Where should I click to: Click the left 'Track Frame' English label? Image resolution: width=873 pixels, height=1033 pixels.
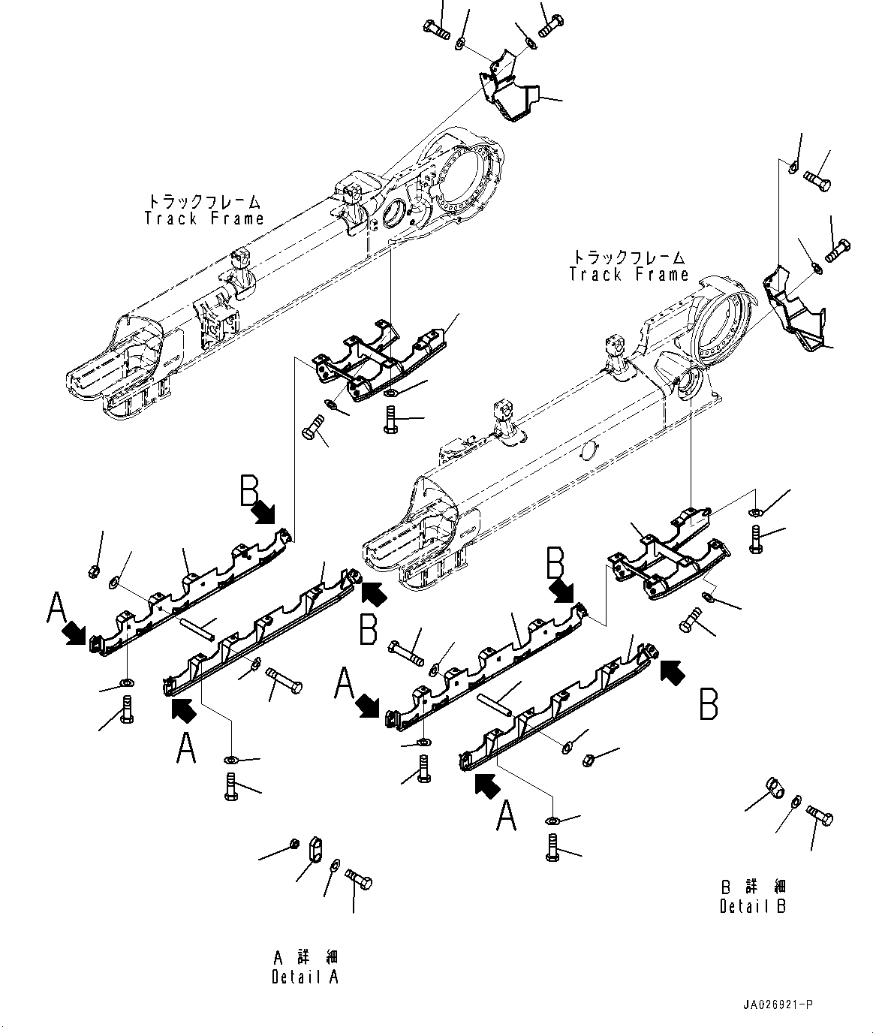[x=204, y=218]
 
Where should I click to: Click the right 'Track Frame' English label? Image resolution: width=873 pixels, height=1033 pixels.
[x=628, y=274]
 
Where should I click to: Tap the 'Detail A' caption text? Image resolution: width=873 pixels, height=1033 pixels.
[x=305, y=977]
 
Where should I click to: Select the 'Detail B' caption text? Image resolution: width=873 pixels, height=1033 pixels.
[x=753, y=906]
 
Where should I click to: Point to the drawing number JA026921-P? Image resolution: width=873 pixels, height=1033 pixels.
[x=778, y=1004]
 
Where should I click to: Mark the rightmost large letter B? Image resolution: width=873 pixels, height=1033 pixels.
[x=709, y=704]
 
